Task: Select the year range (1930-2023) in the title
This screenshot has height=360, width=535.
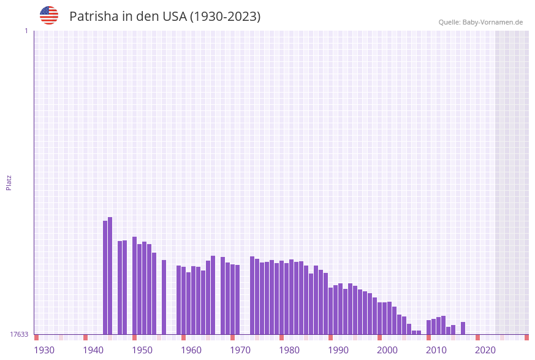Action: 226,17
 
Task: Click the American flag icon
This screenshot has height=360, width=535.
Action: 49,15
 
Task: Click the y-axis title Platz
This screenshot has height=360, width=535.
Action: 9,183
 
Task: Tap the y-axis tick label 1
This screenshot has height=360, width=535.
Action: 26,31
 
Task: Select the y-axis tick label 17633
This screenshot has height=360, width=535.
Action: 19,334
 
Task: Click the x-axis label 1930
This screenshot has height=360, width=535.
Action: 44,350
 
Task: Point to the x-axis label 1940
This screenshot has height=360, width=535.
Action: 93,350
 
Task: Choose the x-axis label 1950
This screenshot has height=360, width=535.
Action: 142,350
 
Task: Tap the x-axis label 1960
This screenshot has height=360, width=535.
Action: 191,350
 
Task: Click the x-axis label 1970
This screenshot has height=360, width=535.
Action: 240,350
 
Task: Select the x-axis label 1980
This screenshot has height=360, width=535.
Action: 289,350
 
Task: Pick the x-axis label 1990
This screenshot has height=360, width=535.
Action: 338,350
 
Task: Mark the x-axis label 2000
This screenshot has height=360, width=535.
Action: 387,350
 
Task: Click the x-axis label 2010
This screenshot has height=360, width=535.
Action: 436,350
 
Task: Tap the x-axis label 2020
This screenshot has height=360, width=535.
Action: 485,350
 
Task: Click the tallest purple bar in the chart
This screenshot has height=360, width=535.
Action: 110,276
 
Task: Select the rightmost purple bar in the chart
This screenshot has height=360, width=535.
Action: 463,328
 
